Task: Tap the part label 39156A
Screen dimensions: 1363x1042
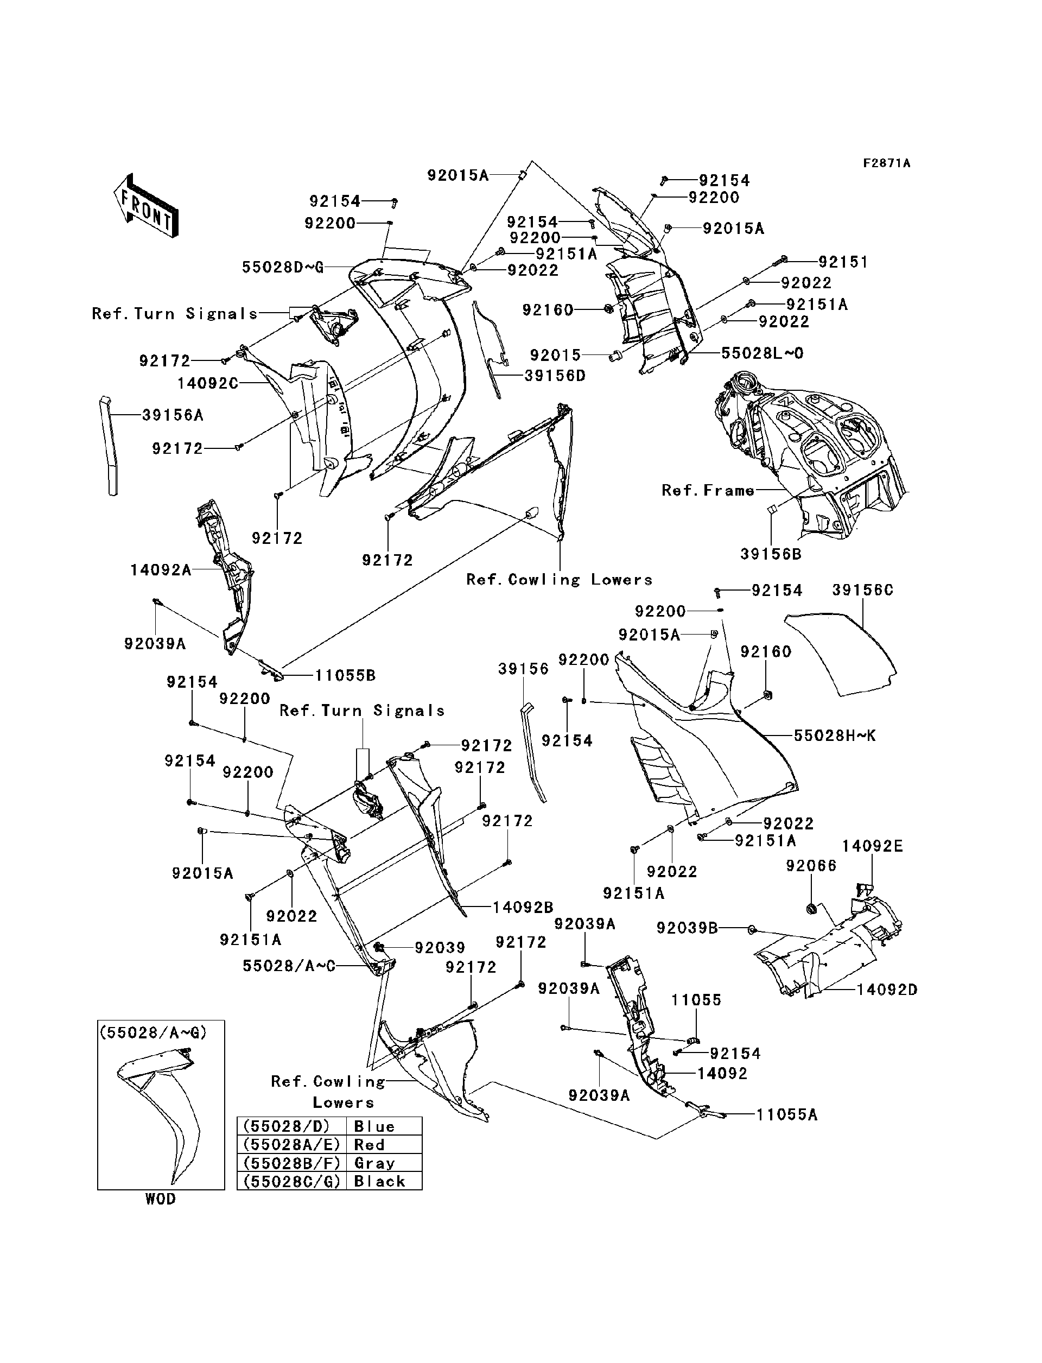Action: click(x=173, y=415)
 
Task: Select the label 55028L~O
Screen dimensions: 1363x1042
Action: click(x=763, y=353)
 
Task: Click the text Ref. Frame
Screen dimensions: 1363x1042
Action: click(x=708, y=490)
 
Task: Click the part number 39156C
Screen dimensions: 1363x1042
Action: click(x=862, y=590)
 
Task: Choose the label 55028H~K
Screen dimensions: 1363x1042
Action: click(x=835, y=736)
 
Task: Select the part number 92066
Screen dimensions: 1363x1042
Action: click(x=811, y=865)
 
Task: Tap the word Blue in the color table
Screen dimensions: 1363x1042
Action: click(x=374, y=1127)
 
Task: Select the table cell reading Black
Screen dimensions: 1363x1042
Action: click(x=379, y=1181)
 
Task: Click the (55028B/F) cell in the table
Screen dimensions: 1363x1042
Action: click(x=291, y=1163)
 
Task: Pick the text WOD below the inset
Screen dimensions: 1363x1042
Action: click(x=161, y=1199)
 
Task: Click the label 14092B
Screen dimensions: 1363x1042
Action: click(x=523, y=908)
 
